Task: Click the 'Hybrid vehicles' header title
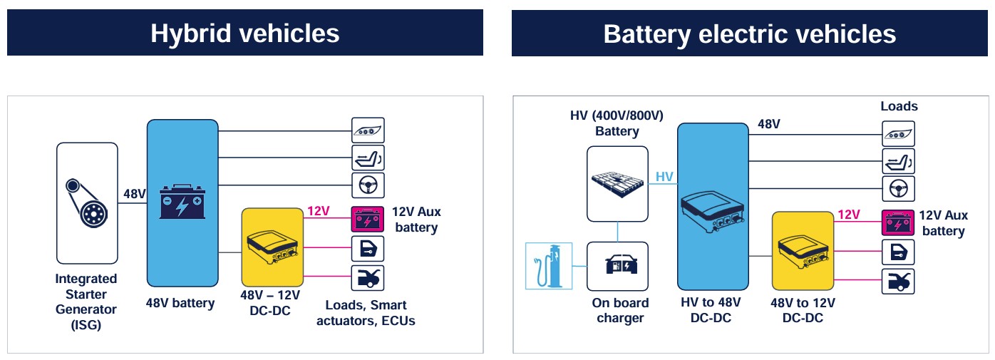244,33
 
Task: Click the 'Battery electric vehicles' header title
749,34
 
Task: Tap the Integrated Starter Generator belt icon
87,202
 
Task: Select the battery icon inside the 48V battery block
182,201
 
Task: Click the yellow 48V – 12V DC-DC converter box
272,247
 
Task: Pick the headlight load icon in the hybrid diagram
368,130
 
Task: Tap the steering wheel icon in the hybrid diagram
368,185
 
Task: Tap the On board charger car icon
617,266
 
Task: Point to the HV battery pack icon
617,183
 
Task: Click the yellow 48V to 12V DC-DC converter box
803,250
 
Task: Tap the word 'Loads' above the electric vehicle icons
899,106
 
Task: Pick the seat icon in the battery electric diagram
898,161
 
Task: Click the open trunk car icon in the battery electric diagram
898,282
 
